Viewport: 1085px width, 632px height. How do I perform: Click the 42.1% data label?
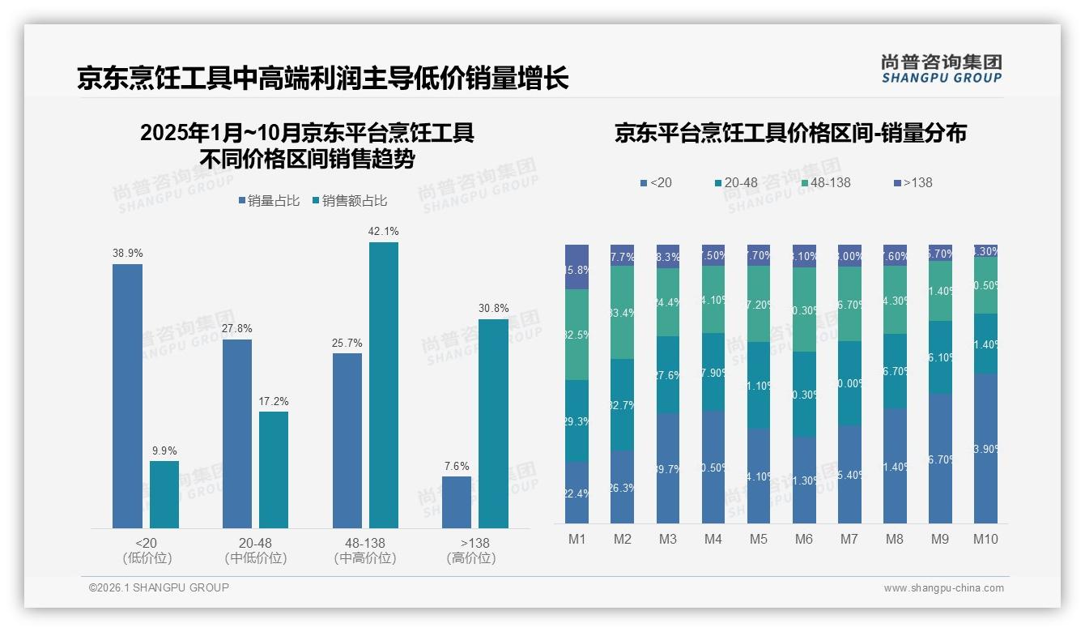(x=383, y=231)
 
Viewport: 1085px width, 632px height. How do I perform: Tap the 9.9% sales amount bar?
(x=164, y=494)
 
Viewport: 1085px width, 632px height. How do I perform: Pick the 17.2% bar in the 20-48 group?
(x=274, y=470)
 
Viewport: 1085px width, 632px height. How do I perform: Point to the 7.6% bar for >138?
(x=457, y=502)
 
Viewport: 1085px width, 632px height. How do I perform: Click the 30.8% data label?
(x=493, y=308)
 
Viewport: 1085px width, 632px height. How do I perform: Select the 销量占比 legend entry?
(x=271, y=200)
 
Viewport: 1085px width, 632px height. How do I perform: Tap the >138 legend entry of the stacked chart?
(x=913, y=182)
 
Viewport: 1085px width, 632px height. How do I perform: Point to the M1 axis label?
(x=577, y=539)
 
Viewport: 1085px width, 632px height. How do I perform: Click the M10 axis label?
(x=985, y=539)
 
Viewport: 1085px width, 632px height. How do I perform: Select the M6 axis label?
(x=804, y=539)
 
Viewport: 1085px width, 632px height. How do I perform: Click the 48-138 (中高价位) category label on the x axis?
(x=364, y=550)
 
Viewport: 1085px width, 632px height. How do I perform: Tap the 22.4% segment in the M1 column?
(x=577, y=493)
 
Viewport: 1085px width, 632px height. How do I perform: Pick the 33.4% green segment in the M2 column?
(x=622, y=313)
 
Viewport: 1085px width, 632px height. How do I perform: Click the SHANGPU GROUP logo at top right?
(x=941, y=69)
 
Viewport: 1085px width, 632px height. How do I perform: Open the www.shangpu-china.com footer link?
(x=943, y=588)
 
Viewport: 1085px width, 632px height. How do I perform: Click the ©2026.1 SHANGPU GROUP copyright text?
(x=159, y=587)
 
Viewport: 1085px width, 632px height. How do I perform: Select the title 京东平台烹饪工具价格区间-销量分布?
(x=790, y=133)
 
